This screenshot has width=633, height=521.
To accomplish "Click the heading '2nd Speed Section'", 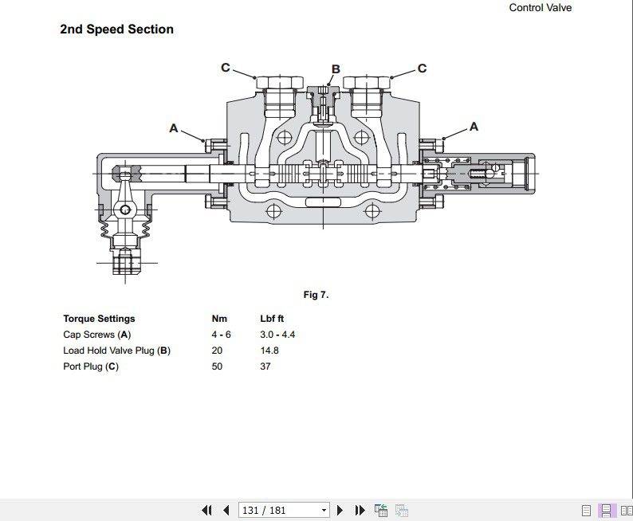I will pyautogui.click(x=116, y=29).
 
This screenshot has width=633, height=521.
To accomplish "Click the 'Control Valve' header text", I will pyautogui.click(x=540, y=8).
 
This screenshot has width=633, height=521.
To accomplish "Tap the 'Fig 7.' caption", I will pyautogui.click(x=316, y=295).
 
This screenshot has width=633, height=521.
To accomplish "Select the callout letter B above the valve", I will pyautogui.click(x=336, y=69).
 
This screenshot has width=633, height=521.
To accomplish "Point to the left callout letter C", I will pyautogui.click(x=226, y=68).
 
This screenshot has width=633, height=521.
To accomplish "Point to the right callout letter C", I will pyautogui.click(x=422, y=69).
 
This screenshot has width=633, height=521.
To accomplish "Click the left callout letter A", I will pyautogui.click(x=174, y=127).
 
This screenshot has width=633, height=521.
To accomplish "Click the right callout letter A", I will pyautogui.click(x=474, y=127).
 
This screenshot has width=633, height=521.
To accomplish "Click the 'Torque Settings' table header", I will pyautogui.click(x=99, y=319).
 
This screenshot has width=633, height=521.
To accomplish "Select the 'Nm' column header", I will pyautogui.click(x=219, y=319).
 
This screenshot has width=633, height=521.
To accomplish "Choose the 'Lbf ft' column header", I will pyautogui.click(x=272, y=319).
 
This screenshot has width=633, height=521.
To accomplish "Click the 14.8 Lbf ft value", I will pyautogui.click(x=269, y=351).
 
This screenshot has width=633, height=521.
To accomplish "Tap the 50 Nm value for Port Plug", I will pyautogui.click(x=217, y=366).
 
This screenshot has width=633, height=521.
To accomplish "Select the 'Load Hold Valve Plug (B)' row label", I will pyautogui.click(x=116, y=351).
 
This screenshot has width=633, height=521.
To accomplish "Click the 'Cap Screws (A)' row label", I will pyautogui.click(x=96, y=335).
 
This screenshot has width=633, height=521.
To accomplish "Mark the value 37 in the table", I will pyautogui.click(x=265, y=366).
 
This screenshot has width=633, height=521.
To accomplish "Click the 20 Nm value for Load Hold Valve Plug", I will pyautogui.click(x=217, y=351).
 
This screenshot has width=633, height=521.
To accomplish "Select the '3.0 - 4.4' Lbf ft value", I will pyautogui.click(x=277, y=335).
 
